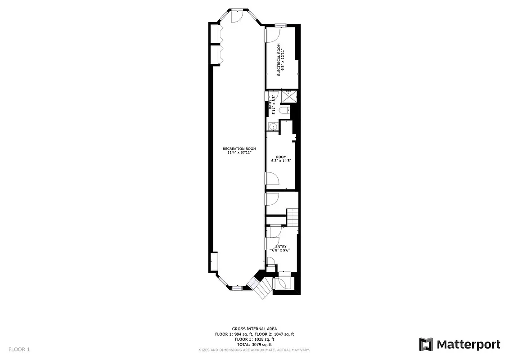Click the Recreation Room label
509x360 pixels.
pyautogui.click(x=239, y=148)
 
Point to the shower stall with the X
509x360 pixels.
pyautogui.click(x=289, y=96)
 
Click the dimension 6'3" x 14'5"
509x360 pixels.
pyautogui.click(x=278, y=161)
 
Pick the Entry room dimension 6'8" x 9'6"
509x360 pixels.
pyautogui.click(x=280, y=250)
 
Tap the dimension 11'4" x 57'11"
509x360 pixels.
pyautogui.click(x=239, y=153)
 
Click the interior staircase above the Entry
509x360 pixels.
pyautogui.click(x=293, y=218)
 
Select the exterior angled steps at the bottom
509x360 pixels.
pyautogui.click(x=257, y=287)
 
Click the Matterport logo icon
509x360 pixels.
pyautogui.click(x=426, y=344)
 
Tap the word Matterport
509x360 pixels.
pyautogui.click(x=468, y=345)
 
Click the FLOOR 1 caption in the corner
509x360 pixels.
pyautogui.click(x=19, y=349)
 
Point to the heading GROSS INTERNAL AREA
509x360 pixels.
pyautogui.click(x=254, y=329)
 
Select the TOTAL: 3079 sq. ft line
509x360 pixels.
pyautogui.click(x=254, y=344)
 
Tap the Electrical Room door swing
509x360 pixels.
pyautogui.click(x=273, y=35)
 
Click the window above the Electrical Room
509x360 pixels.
pyautogui.click(x=280, y=25)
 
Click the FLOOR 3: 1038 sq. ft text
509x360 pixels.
pyautogui.click(x=254, y=339)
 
